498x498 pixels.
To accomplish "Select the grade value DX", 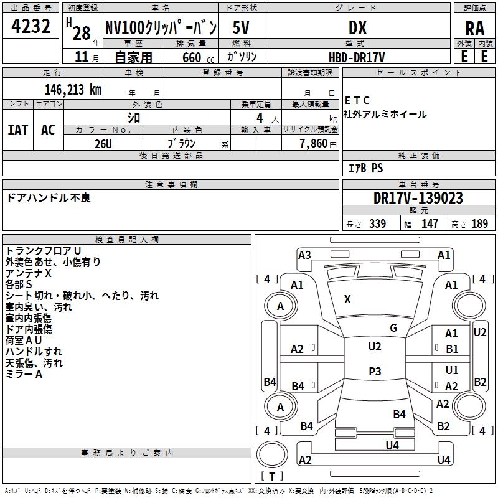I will tap(357, 27).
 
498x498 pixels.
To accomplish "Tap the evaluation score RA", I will tap(474, 28).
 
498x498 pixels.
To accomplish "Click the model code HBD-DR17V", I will tap(357, 57).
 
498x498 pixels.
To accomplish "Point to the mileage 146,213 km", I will tap(72, 89).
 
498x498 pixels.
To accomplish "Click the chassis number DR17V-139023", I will tap(418, 198).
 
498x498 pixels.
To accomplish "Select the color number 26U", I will tap(103, 143).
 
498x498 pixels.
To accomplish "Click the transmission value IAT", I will tap(17, 129).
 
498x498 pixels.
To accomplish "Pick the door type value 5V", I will tap(242, 27).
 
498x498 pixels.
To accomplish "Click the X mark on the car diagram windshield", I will tap(347, 299).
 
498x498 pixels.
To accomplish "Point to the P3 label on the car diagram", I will tap(375, 371).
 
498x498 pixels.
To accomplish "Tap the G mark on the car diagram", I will tap(393, 328).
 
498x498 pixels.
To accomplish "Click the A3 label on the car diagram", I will tap(304, 255).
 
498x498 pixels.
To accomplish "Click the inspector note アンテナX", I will tap(29, 273).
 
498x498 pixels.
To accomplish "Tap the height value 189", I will tap(479, 224).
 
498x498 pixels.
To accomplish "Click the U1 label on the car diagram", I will tap(452, 370).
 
